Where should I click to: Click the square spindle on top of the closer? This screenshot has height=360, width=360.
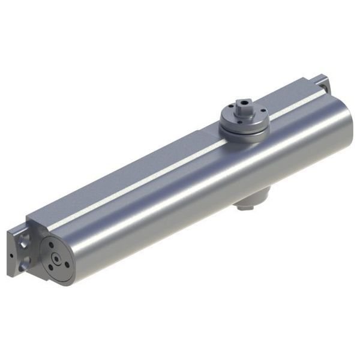(242, 106)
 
